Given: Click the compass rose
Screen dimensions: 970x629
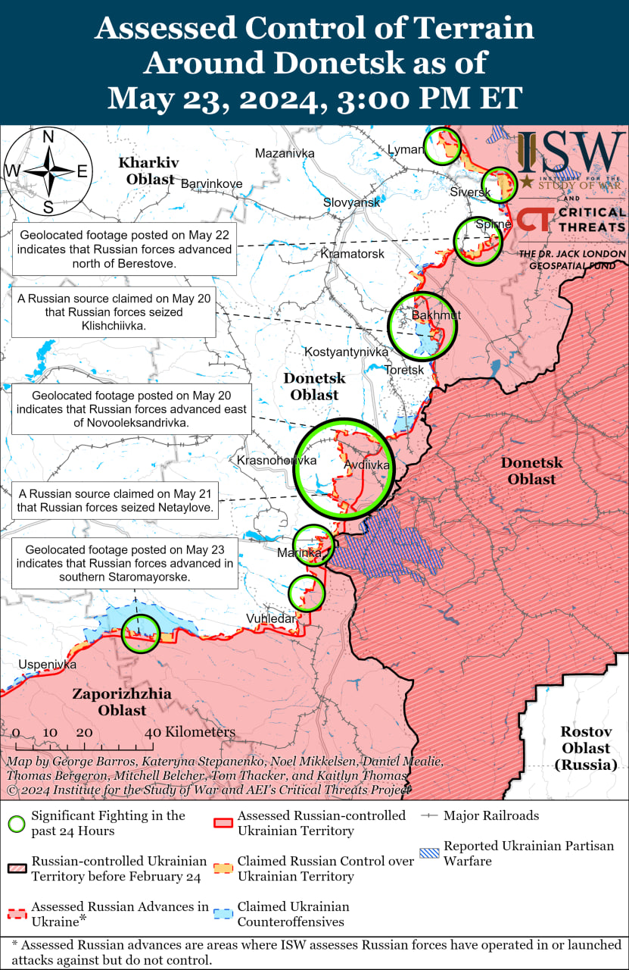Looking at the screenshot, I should coord(48,171).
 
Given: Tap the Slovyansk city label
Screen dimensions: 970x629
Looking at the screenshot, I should coord(351,202).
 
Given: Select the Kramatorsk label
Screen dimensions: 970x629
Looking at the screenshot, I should coord(352,253).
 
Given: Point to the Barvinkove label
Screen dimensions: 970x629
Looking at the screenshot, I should coord(211,183).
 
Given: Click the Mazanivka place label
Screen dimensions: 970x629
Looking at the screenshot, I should coord(284,153).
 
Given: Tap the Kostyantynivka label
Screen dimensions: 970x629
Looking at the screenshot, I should coord(346,352).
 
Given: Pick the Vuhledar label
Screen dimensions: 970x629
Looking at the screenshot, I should coord(270,619).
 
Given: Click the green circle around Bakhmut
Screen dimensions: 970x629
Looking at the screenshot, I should coord(422,326).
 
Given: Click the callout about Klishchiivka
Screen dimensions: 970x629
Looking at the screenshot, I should coord(113,311).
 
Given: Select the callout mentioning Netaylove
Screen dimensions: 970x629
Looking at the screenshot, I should coord(115,502).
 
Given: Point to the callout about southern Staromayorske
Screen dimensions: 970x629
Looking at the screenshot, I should coord(123,563).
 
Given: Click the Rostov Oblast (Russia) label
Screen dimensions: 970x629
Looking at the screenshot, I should coord(584,748).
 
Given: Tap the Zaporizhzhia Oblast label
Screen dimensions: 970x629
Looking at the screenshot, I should coord(122,702).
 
